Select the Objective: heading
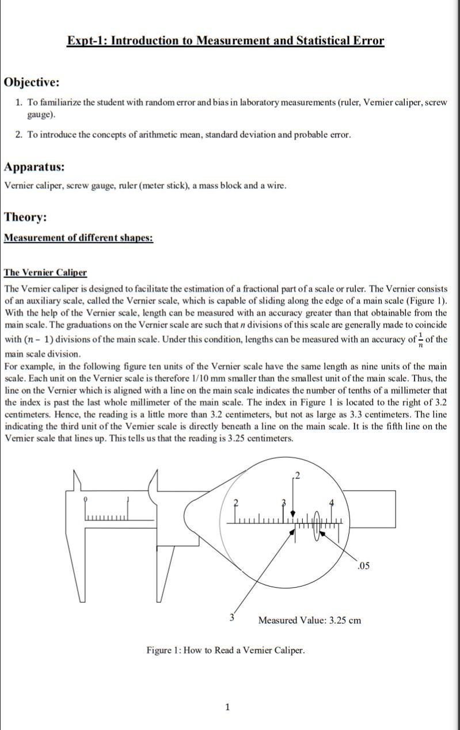point(32,82)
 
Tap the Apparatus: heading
point(34,167)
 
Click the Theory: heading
point(25,217)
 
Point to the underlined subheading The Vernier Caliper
point(45,272)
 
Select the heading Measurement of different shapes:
point(78,238)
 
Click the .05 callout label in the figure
point(363,566)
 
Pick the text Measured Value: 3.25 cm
point(309,620)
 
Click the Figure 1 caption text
point(225,650)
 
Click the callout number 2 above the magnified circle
point(297,476)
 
